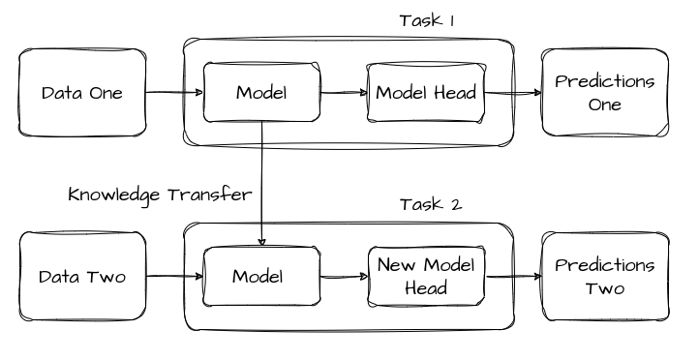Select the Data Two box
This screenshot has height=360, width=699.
tap(81, 277)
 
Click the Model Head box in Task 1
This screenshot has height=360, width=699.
tap(423, 93)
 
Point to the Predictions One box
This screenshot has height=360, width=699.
tap(605, 93)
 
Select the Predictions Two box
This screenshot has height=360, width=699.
tap(605, 277)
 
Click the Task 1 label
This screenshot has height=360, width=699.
tap(427, 20)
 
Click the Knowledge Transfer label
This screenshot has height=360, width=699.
tap(161, 195)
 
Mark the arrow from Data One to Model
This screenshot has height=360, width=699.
tap(174, 94)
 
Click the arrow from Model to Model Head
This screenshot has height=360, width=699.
tap(344, 94)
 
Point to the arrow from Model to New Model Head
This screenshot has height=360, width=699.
tap(342, 277)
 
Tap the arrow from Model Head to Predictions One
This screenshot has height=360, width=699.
tap(512, 94)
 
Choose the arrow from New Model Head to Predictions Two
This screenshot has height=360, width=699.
tap(512, 277)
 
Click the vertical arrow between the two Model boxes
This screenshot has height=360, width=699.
tap(262, 184)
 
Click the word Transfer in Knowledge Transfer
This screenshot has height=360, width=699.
tap(209, 195)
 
